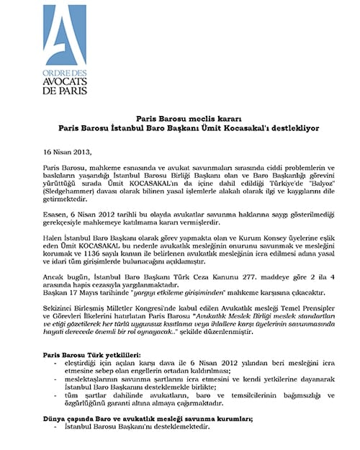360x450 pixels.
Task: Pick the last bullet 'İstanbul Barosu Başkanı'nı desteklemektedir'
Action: (x=136, y=446)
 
